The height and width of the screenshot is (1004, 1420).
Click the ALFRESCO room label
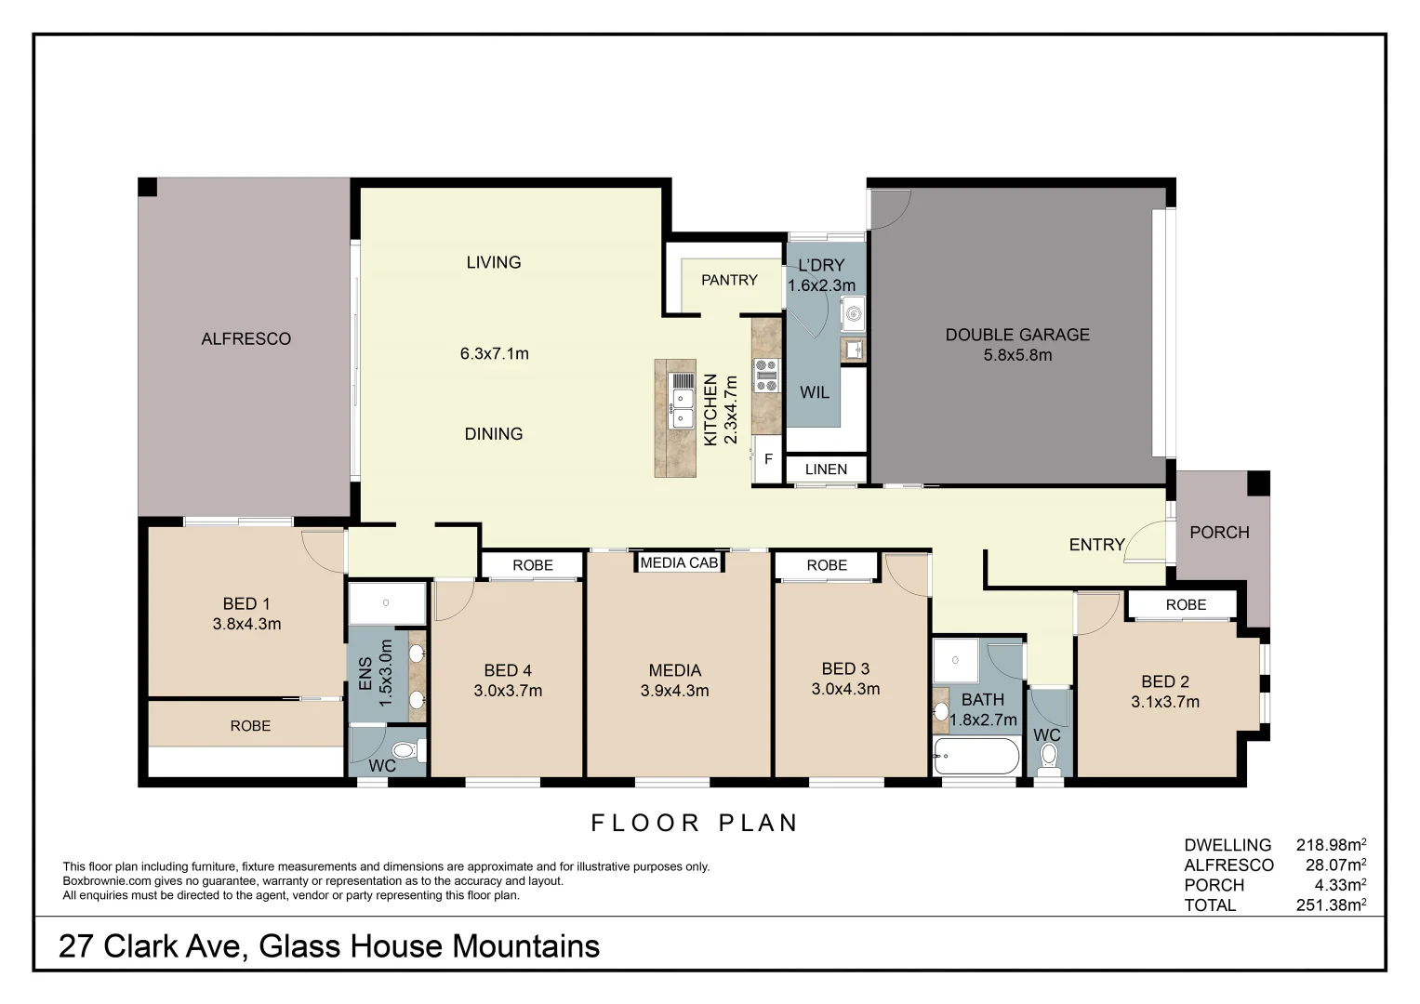[x=246, y=339]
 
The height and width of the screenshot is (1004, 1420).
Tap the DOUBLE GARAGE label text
[x=1016, y=335]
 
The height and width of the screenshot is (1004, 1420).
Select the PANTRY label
[x=729, y=280]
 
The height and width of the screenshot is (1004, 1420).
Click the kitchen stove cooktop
[x=765, y=375]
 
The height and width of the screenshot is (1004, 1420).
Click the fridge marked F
[x=768, y=459]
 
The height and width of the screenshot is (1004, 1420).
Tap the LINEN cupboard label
[x=826, y=469]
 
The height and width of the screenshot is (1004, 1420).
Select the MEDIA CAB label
[x=679, y=562]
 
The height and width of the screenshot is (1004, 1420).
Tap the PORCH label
[x=1219, y=533]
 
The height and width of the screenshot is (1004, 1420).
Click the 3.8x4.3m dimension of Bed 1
[x=246, y=625]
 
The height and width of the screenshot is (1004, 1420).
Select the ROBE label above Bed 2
[x=1186, y=605]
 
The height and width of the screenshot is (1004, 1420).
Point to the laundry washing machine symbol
[x=853, y=313]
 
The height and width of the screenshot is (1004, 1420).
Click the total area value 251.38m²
[x=1330, y=905]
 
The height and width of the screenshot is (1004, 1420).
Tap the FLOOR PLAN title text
[x=695, y=823]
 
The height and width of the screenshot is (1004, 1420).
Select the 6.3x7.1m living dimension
[x=494, y=353]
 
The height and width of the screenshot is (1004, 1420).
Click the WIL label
[x=814, y=392]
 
